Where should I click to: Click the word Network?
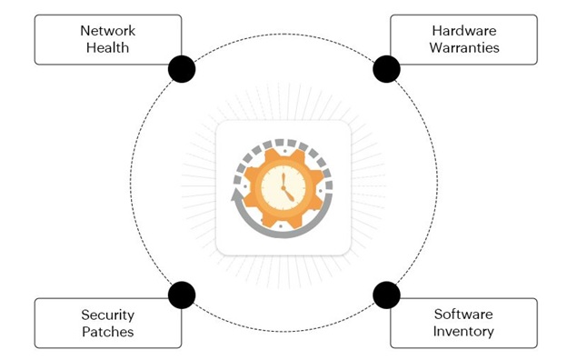point(108,31)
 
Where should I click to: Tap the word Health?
point(108,48)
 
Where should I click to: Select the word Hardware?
point(464,31)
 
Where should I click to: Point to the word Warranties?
point(464,48)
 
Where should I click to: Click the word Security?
point(108,315)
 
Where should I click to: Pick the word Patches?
point(108,332)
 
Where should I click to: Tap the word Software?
point(463,314)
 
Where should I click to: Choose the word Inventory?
point(463,332)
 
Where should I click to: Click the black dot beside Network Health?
point(182,69)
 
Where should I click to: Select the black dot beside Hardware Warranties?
point(386,69)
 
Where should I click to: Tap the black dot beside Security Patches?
point(182,295)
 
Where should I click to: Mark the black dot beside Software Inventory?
point(386,295)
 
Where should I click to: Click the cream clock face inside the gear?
point(283,188)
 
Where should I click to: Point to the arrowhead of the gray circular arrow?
point(236,195)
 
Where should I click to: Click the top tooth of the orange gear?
point(283,154)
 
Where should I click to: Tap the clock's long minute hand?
point(283,180)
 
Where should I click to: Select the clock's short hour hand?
point(288,195)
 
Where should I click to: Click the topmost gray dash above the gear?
point(280,142)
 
